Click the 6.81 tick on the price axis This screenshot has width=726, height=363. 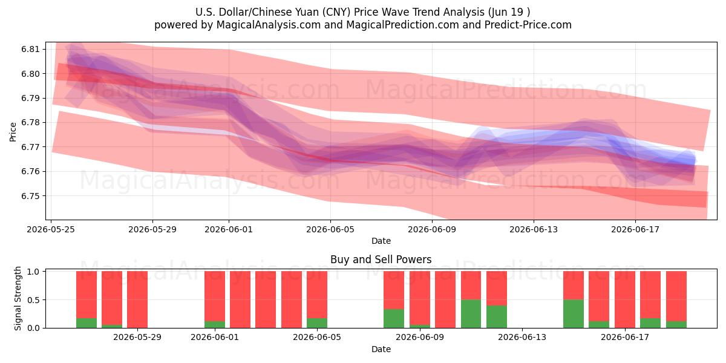pyautogui.click(x=30, y=49)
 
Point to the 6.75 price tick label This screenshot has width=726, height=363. pyautogui.click(x=30, y=196)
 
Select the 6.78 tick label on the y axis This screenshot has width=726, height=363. pyautogui.click(x=30, y=123)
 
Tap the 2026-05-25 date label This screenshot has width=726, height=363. pyautogui.click(x=51, y=229)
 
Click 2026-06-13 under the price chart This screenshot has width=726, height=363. pyautogui.click(x=534, y=229)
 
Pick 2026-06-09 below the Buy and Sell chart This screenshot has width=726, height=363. pyautogui.click(x=420, y=338)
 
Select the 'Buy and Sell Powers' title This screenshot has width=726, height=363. pyautogui.click(x=381, y=260)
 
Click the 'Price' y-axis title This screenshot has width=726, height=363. pyautogui.click(x=13, y=132)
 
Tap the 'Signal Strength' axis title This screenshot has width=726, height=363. pyautogui.click(x=18, y=298)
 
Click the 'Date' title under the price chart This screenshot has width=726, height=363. pyautogui.click(x=381, y=241)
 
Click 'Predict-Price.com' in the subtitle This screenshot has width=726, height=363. pyautogui.click(x=528, y=25)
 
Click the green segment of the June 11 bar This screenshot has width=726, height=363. pyautogui.click(x=471, y=314)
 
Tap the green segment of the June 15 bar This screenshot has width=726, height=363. pyautogui.click(x=574, y=314)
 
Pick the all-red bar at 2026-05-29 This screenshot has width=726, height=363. pyautogui.click(x=137, y=299)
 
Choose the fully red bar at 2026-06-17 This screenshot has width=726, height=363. pyautogui.click(x=625, y=299)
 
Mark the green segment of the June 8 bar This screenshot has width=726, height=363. pyautogui.click(x=394, y=319)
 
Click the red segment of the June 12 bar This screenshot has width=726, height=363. pyautogui.click(x=497, y=289)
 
